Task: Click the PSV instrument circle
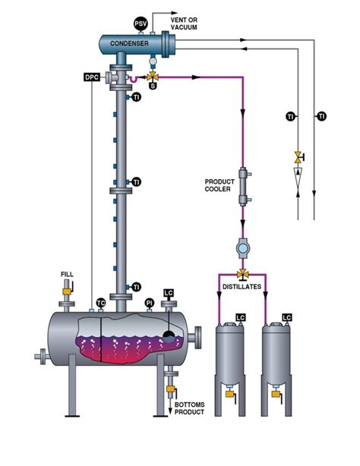click(x=141, y=24)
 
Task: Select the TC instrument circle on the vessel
click(x=100, y=302)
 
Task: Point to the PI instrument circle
click(x=150, y=302)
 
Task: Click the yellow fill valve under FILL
click(x=67, y=289)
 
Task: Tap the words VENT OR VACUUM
click(x=184, y=23)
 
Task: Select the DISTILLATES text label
click(x=243, y=287)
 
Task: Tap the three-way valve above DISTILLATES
click(x=243, y=273)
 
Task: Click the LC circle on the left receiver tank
click(x=240, y=317)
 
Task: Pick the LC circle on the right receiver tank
click(x=286, y=317)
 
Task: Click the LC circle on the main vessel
click(x=169, y=291)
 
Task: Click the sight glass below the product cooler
click(x=243, y=247)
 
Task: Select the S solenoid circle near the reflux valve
click(x=153, y=86)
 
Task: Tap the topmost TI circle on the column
click(x=137, y=99)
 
